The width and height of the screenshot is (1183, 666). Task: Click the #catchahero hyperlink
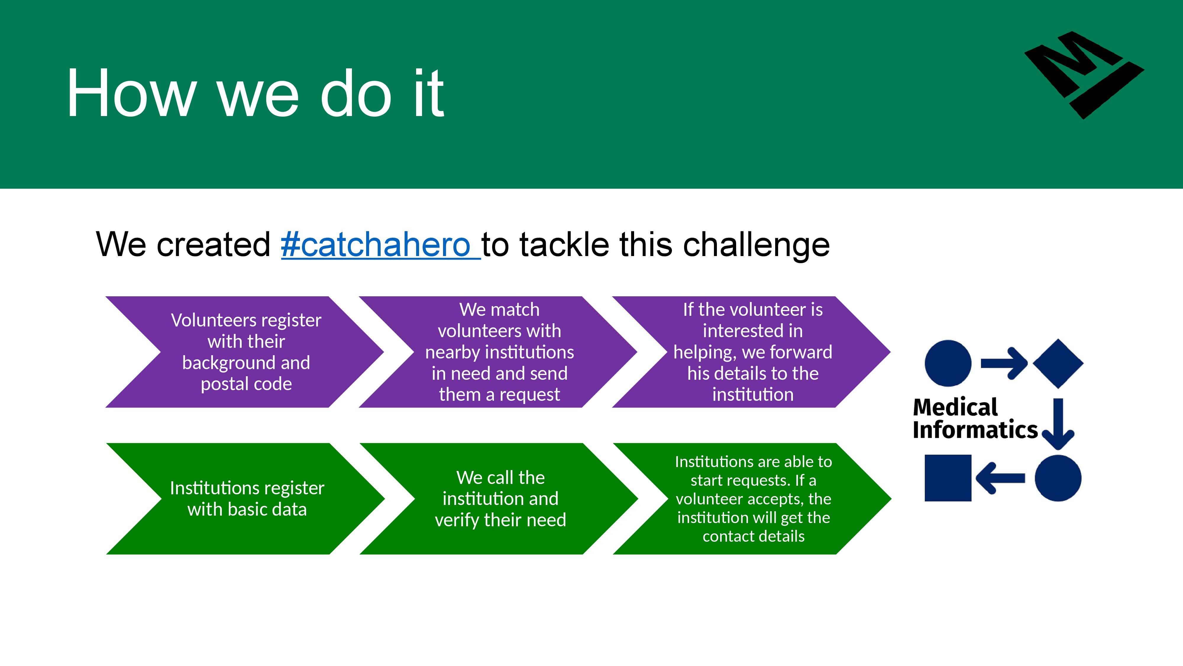pos(381,244)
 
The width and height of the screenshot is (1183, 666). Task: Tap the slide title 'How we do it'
pos(255,93)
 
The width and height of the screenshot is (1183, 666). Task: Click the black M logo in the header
pos(1084,75)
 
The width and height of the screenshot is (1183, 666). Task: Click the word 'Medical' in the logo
pos(955,407)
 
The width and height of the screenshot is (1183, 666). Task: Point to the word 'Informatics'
pos(975,430)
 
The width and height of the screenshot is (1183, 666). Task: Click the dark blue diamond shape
pos(1058,363)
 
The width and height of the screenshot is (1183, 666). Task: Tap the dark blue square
pos(948,478)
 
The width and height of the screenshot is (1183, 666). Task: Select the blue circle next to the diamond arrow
pos(948,363)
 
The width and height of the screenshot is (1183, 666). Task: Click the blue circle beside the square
pos(1058,478)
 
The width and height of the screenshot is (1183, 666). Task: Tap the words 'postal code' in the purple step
pos(246,384)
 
